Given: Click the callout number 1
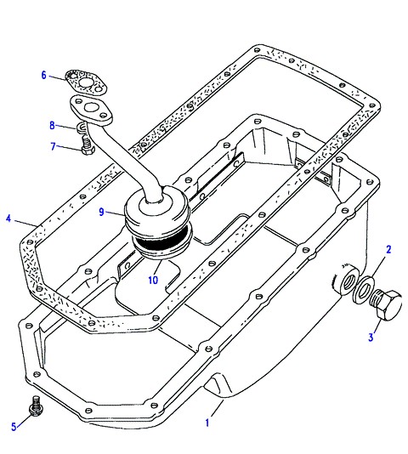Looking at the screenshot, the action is pos(207,423).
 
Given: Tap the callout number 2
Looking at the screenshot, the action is pos(388,250).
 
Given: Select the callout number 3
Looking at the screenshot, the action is pos(371,338).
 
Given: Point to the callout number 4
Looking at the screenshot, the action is pos(8,218).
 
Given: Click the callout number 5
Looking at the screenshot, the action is pos(14,426).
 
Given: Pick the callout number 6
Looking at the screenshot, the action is pos(43,76).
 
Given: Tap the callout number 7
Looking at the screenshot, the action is pos(53,146).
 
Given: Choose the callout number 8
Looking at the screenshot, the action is pos(52,125).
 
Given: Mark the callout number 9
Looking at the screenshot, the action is pos(101,212).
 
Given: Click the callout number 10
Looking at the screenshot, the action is pos(153,280).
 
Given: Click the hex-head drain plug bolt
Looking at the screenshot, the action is pos(387,304).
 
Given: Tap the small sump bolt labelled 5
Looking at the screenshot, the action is pos(37,406).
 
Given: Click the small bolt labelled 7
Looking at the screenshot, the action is pos(87,146).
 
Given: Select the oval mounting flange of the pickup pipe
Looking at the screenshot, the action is pos(91,111).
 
